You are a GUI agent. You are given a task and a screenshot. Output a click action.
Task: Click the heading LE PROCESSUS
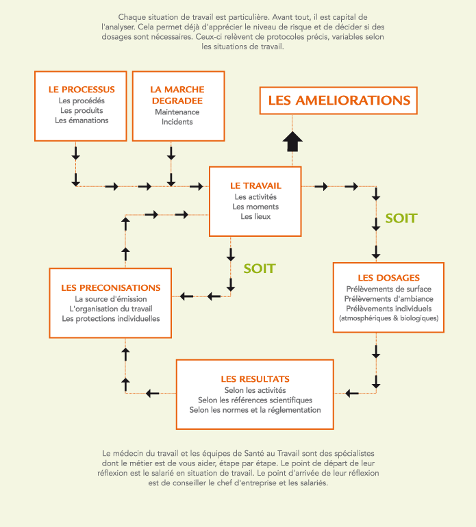coord(82,90)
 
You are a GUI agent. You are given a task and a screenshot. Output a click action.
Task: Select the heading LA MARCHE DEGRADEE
coord(177,95)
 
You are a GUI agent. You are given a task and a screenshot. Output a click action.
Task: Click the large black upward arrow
coord(292,141)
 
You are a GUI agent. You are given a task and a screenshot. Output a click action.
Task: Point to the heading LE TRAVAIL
coord(255,186)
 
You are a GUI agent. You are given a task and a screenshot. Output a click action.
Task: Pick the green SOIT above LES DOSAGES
coord(401,218)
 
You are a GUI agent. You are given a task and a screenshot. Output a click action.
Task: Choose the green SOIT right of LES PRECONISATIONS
coord(260,268)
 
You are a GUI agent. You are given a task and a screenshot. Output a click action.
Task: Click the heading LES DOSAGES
coord(388,278)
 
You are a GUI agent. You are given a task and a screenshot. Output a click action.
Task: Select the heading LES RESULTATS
coord(255,379)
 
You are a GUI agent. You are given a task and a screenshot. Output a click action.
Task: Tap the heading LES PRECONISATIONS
coord(111,288)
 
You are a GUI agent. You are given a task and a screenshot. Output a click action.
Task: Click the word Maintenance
coord(177,112)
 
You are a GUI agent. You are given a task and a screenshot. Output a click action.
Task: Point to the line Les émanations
coord(82,120)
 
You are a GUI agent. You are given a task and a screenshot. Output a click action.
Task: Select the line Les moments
coord(255,207)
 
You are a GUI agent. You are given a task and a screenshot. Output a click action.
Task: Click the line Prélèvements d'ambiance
coord(388,299)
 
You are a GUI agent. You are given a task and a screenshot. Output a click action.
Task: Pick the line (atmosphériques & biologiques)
coord(388,318)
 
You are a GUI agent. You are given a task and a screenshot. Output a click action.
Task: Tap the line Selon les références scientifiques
coord(255,400)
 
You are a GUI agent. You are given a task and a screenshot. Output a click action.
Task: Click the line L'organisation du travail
coord(111,309)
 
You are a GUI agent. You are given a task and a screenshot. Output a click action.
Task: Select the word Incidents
coord(177,122)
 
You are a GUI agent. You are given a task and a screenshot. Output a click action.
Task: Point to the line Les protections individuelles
coord(111,319)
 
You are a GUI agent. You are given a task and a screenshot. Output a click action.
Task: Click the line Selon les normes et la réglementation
coord(255,410)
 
